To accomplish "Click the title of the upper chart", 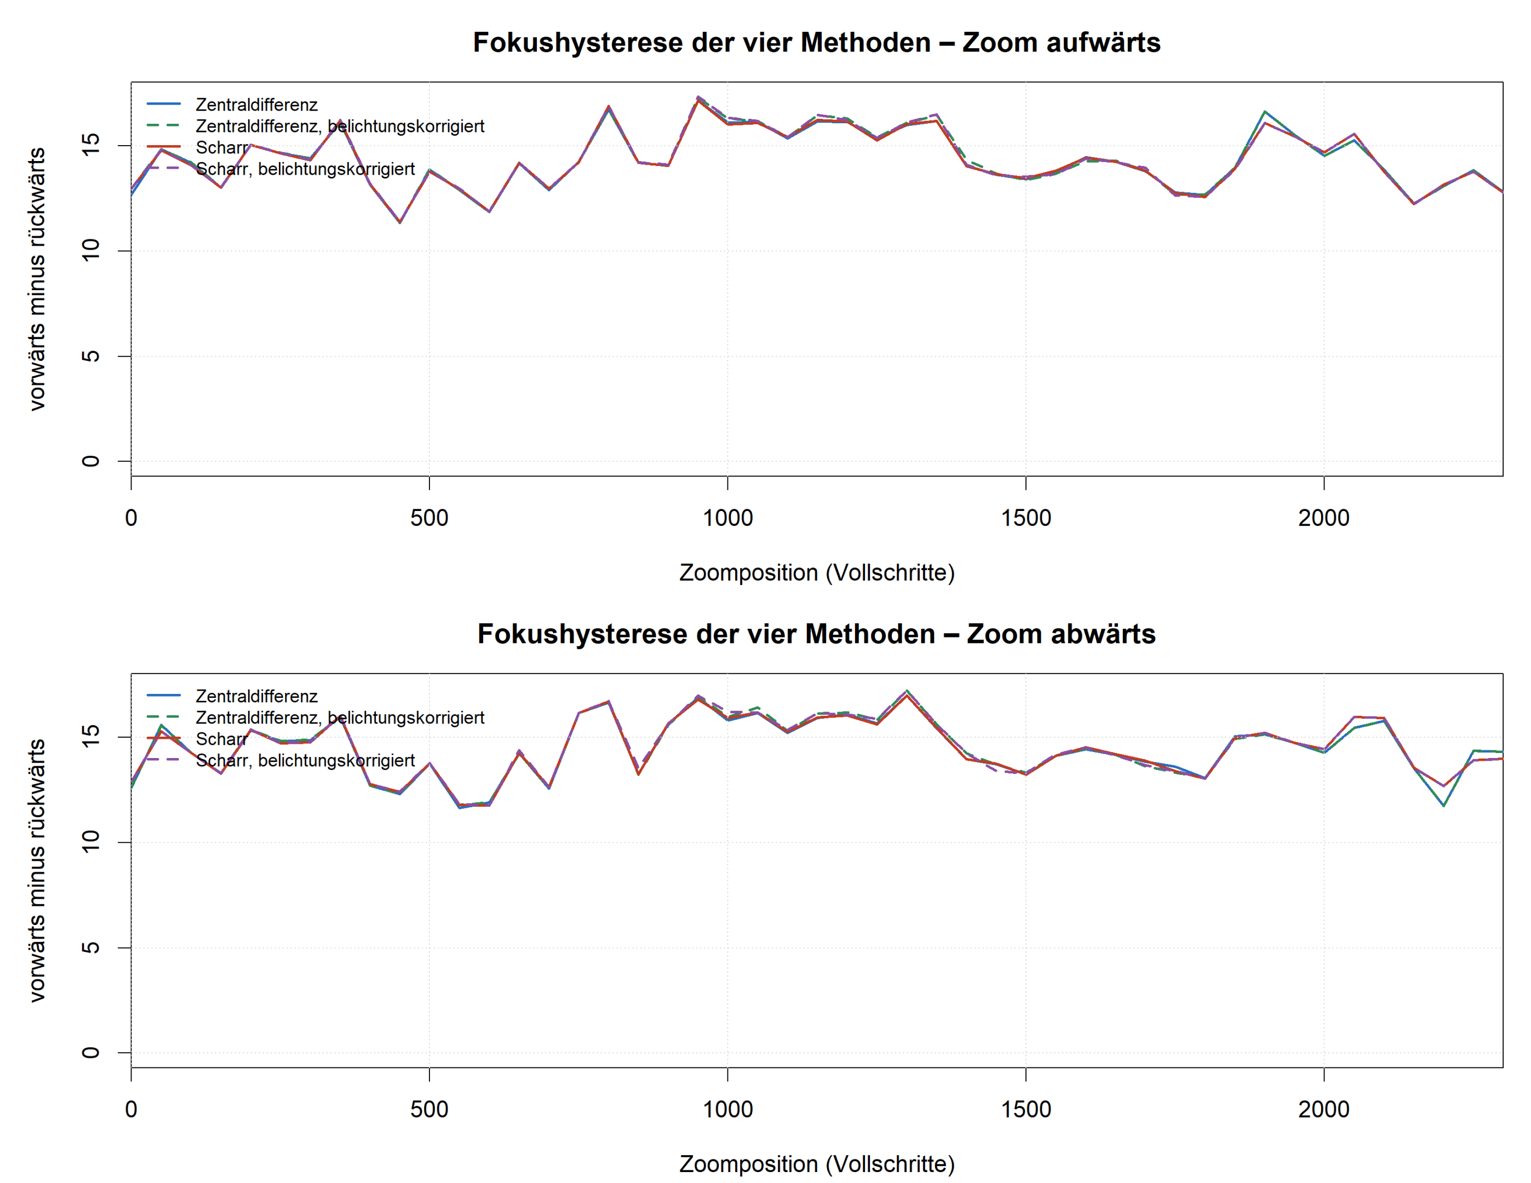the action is coord(817,43).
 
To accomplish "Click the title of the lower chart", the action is coord(817,634).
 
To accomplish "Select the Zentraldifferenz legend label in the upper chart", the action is coord(256,105).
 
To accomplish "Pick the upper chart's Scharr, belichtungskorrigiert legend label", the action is coord(305,169).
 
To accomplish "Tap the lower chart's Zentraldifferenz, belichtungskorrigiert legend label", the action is coord(340,717).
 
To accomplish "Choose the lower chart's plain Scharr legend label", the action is coord(221,739).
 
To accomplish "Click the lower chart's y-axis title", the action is coord(37,870).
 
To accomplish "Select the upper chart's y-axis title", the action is coord(37,279).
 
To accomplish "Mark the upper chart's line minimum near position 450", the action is coord(399,222).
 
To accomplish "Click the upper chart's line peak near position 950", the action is coord(698,97).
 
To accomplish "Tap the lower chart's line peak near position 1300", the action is coord(907,692).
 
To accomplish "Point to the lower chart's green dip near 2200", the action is coord(1443,805).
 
